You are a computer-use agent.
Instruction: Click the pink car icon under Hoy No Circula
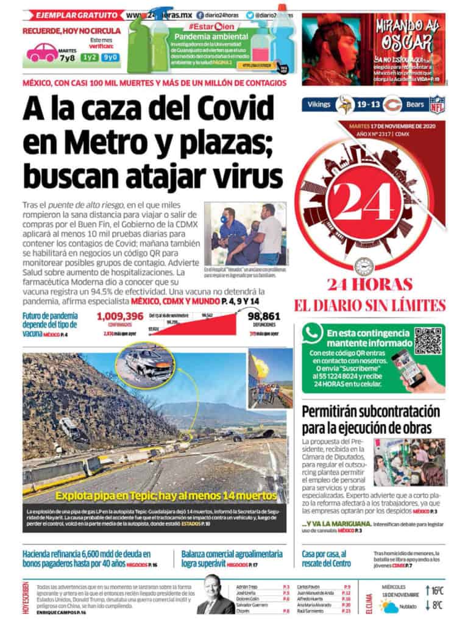(43, 52)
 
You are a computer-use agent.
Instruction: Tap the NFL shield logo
(437, 104)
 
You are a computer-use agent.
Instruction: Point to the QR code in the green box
(428, 341)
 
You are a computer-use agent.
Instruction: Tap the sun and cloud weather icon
(389, 606)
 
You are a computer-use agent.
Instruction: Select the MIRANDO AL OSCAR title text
(408, 35)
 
